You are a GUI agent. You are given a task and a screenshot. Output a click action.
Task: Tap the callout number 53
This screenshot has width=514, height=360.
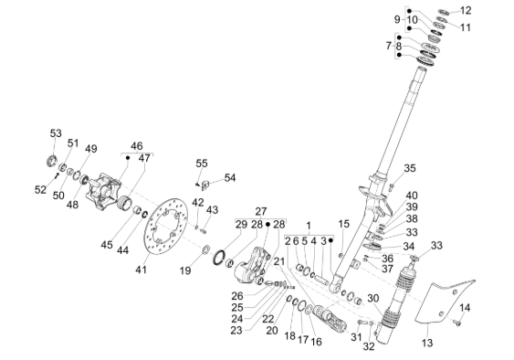click(x=56, y=133)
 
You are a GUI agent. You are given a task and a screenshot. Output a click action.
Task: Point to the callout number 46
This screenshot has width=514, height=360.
click(x=137, y=145)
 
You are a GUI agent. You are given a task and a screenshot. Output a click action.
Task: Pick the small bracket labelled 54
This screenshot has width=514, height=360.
click(x=205, y=185)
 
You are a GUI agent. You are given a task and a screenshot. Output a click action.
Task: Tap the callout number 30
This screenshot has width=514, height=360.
click(x=373, y=298)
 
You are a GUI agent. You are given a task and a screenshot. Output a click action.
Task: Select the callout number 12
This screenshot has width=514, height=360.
click(x=466, y=10)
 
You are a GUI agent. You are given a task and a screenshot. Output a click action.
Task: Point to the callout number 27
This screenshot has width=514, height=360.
click(x=261, y=211)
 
